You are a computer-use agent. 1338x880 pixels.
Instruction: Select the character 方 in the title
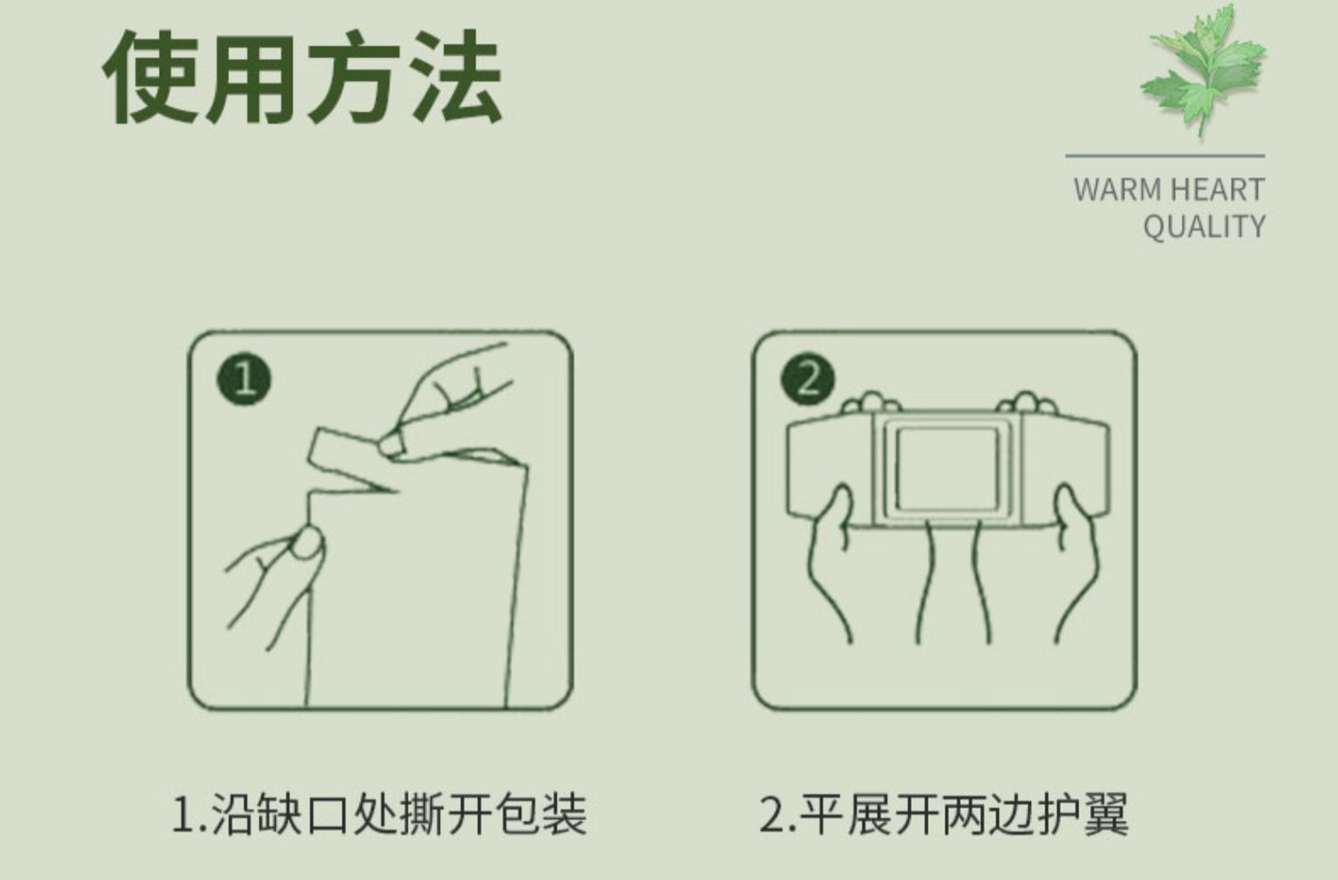pyautogui.click(x=355, y=77)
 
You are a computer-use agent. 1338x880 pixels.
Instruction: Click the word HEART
pyautogui.click(x=1217, y=190)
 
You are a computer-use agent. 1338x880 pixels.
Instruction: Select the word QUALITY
pyautogui.click(x=1203, y=226)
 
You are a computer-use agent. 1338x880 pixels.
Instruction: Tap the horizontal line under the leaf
pyautogui.click(x=1165, y=156)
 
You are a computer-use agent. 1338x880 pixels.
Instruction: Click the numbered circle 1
pyautogui.click(x=244, y=380)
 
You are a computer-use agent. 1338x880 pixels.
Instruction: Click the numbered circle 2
pyautogui.click(x=807, y=379)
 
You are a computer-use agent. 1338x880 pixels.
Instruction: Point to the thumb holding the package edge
pyautogui.click(x=307, y=542)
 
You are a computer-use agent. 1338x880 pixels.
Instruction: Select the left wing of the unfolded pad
pyautogui.click(x=830, y=469)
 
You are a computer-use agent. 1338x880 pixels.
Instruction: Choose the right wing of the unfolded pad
pyautogui.click(x=1064, y=469)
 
